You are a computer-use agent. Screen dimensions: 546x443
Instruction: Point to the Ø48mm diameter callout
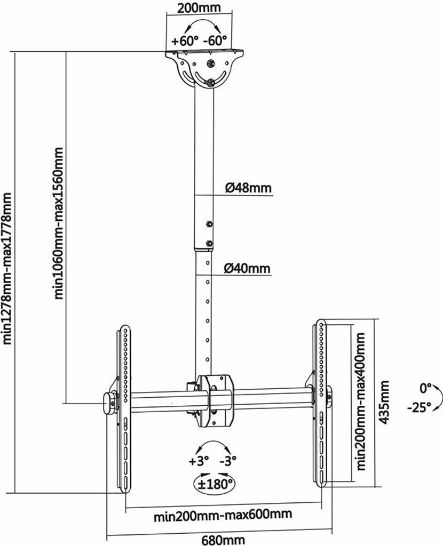point(249,188)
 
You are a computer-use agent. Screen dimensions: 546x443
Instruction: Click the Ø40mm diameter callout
point(248,268)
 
